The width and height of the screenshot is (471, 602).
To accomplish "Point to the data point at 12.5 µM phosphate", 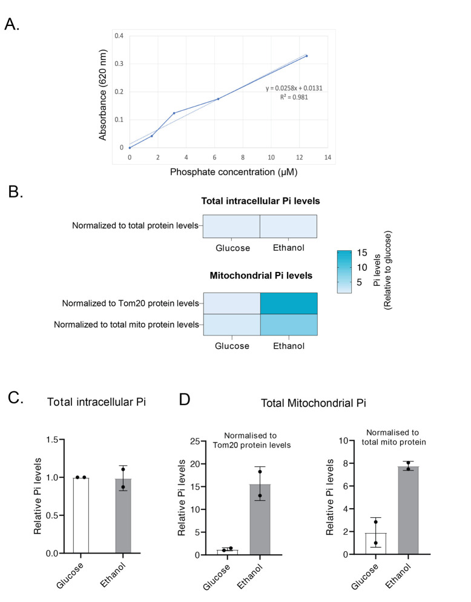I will pyautogui.click(x=306, y=56).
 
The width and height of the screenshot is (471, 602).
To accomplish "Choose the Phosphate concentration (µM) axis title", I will pyautogui.click(x=234, y=173).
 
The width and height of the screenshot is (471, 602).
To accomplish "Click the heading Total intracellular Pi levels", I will pyautogui.click(x=260, y=201).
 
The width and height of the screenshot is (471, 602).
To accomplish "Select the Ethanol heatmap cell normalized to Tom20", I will pyautogui.click(x=289, y=303).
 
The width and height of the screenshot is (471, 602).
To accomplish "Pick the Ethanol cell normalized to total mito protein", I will pyautogui.click(x=289, y=325).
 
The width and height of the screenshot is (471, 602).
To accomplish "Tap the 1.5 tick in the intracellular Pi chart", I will pyautogui.click(x=58, y=440).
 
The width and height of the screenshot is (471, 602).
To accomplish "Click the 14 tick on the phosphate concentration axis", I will pyautogui.click(x=328, y=157).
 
